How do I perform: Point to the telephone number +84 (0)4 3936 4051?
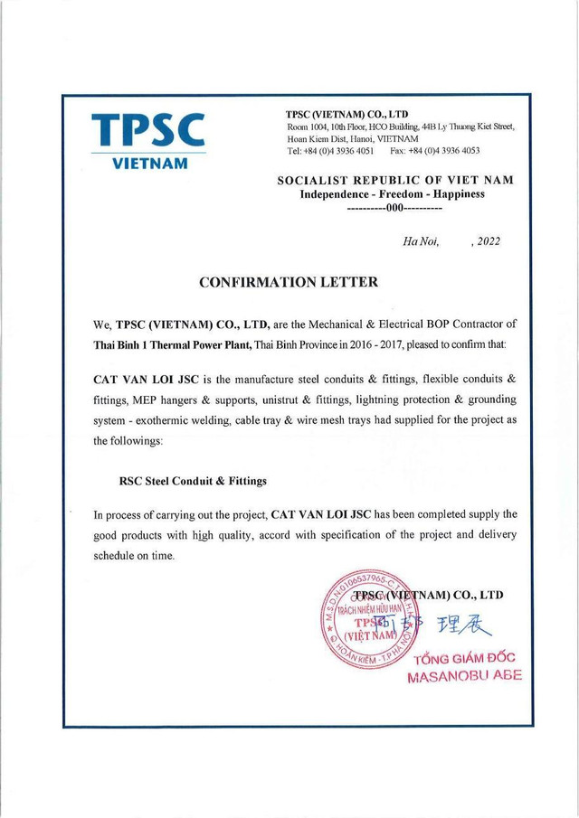330,151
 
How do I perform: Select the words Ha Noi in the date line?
420,241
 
